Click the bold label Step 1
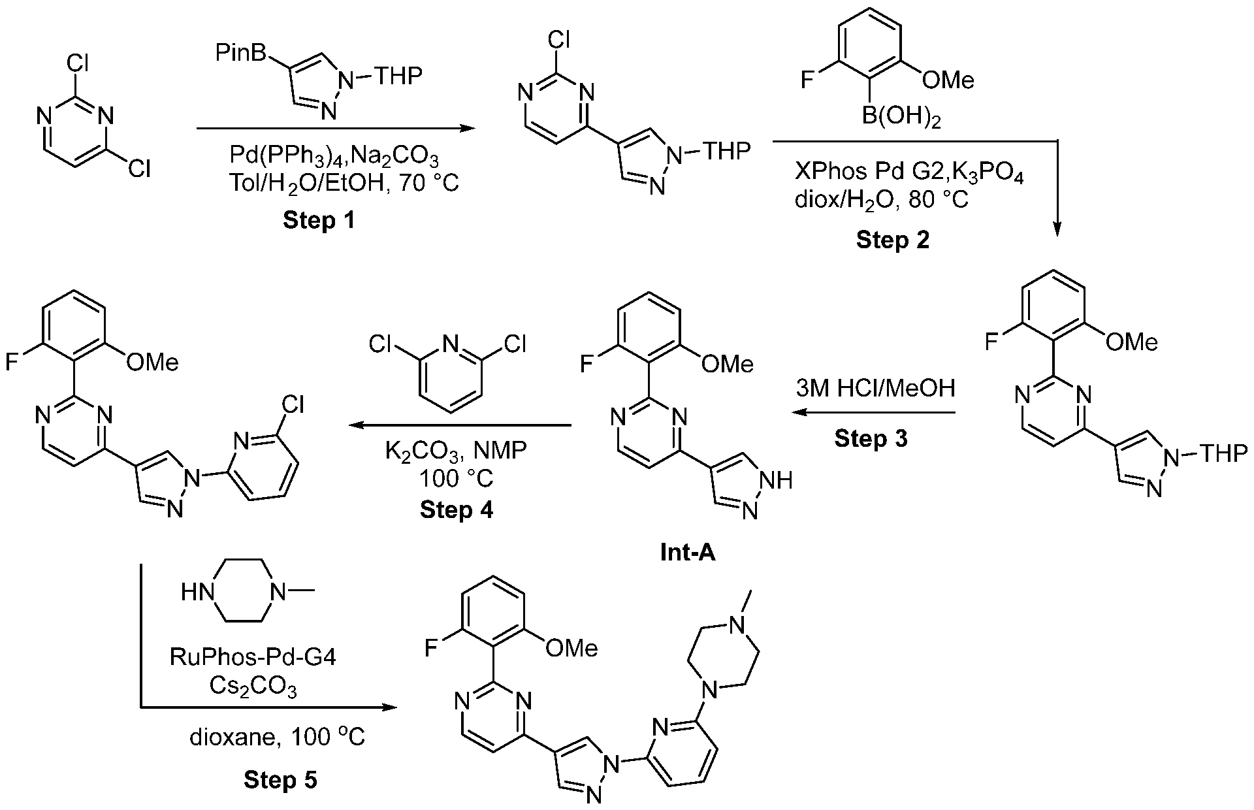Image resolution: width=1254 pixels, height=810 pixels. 319,220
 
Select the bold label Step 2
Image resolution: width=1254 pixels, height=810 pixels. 892,240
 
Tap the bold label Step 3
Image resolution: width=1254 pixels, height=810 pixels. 871,438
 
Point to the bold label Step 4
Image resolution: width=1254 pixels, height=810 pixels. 457,509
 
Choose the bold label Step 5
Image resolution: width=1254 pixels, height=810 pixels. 280,779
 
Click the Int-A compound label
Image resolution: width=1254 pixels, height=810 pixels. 688,553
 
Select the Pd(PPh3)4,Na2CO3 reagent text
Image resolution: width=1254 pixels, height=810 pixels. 334,157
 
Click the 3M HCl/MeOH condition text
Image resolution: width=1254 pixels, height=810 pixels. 875,389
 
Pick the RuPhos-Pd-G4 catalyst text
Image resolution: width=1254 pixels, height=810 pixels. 253,656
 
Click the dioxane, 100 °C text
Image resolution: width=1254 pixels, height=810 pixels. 277,737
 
